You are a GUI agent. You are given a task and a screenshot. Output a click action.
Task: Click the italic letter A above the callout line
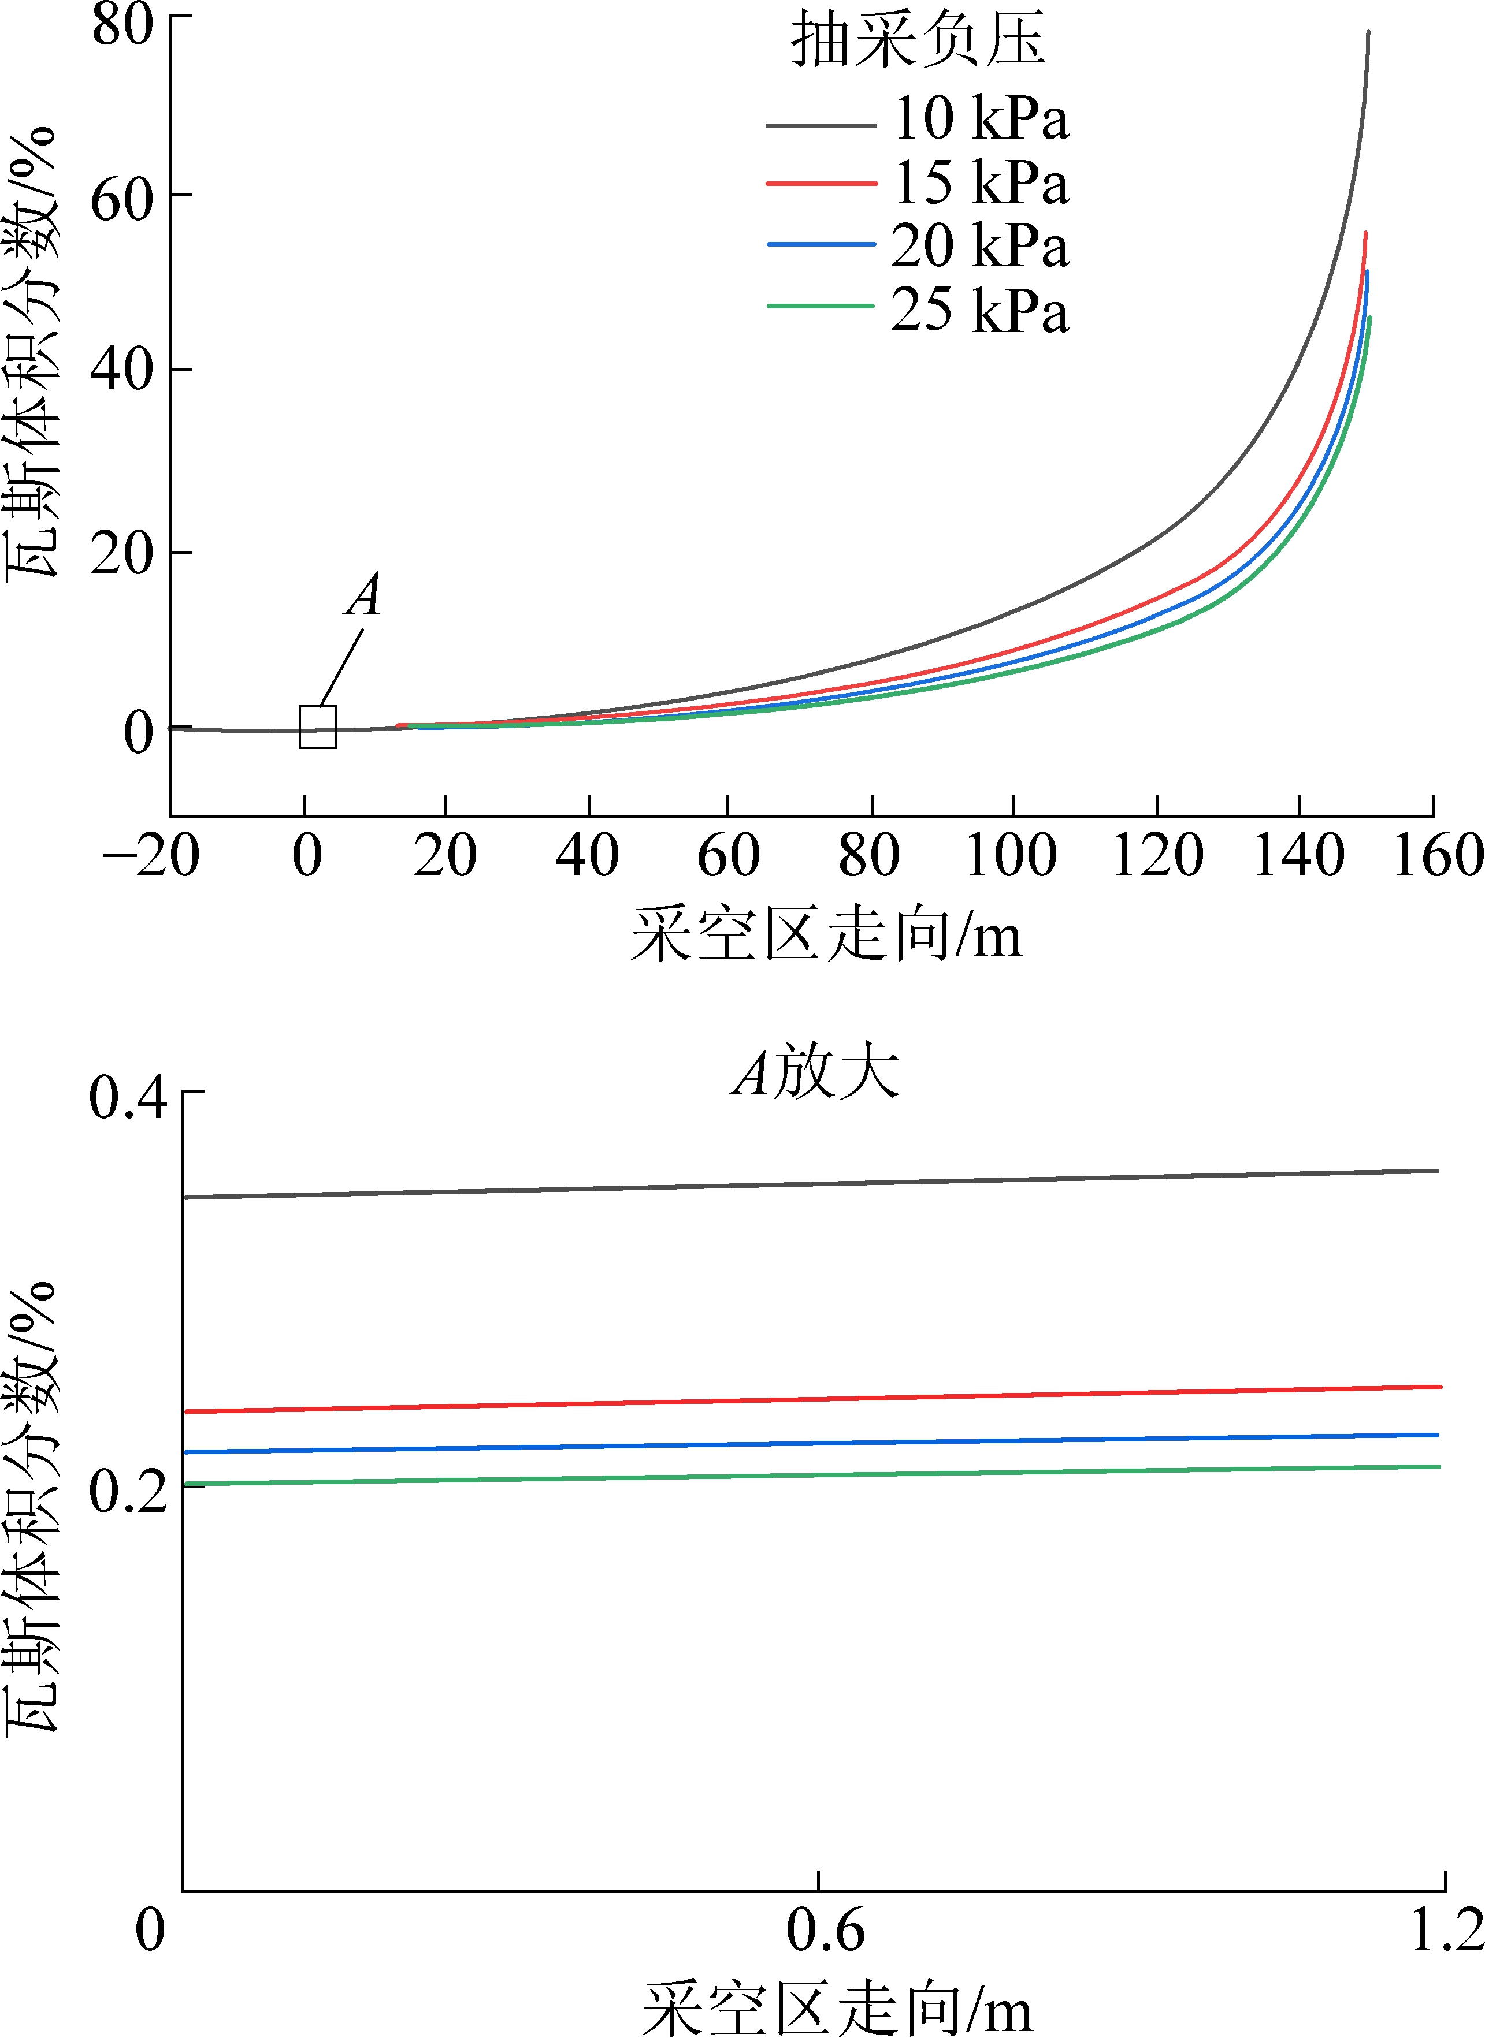click(363, 595)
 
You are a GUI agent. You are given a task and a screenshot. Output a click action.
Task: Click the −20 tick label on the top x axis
click(151, 855)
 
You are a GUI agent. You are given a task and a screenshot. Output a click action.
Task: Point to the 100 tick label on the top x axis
click(1011, 855)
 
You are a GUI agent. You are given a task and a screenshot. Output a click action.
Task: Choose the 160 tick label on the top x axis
click(1436, 855)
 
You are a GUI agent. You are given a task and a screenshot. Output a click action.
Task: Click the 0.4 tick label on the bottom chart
click(128, 1098)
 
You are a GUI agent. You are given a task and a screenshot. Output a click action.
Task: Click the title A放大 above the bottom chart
click(815, 1072)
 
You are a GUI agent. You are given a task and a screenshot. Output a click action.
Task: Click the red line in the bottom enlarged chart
click(809, 1399)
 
